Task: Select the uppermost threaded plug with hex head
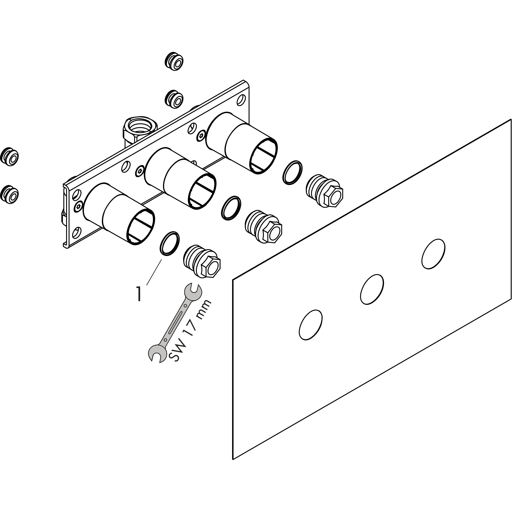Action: [x=325, y=191]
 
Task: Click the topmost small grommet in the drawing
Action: [x=174, y=61]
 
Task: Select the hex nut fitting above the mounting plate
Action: [x=140, y=127]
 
